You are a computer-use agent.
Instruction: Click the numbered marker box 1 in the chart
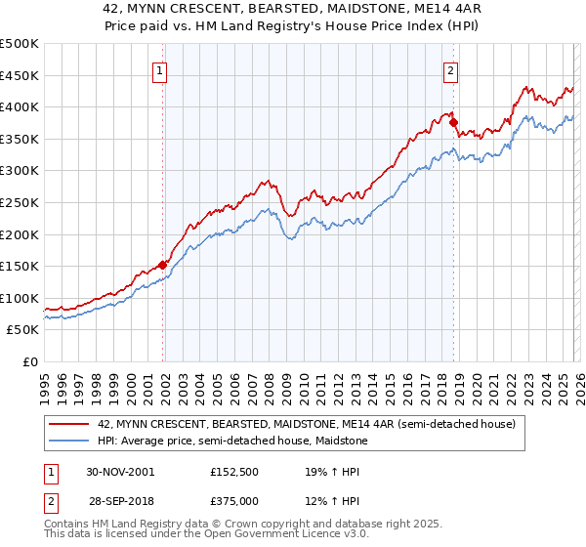158,69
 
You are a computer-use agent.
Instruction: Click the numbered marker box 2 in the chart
450,69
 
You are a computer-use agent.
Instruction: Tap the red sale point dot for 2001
163,264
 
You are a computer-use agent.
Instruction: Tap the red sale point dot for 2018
454,122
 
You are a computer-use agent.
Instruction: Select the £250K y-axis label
21,202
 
